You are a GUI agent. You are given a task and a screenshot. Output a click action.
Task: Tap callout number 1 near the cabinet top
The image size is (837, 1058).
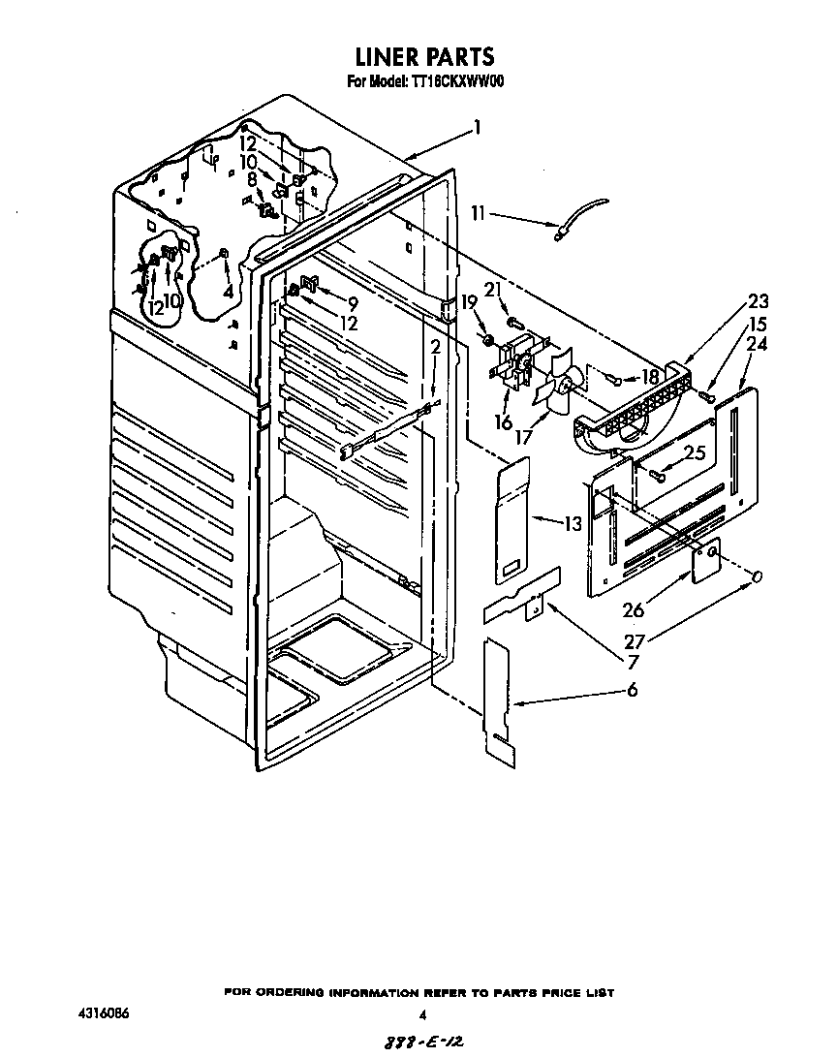click(477, 126)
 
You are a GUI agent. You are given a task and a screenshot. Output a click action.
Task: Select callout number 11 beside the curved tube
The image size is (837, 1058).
click(479, 213)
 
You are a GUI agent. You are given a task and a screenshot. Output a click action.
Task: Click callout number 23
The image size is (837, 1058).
click(758, 301)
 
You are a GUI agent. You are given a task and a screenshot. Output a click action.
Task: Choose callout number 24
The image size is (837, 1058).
click(758, 344)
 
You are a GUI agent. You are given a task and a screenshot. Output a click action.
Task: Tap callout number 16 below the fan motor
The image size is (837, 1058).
click(503, 422)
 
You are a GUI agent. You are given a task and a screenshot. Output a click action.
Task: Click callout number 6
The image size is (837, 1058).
click(633, 690)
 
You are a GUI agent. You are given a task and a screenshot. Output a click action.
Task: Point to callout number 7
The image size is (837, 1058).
click(633, 663)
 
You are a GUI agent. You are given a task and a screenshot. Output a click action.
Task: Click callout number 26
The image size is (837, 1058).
click(634, 610)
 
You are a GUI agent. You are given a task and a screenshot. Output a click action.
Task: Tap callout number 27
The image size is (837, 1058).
click(634, 640)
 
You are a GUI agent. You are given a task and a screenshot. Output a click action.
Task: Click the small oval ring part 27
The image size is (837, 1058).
click(758, 576)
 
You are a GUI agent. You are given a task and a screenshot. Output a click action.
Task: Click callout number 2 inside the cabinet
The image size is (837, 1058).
click(436, 347)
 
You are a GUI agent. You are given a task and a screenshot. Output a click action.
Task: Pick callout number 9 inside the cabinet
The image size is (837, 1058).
click(354, 303)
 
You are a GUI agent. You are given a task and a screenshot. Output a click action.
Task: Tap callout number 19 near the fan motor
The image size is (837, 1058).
click(470, 301)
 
